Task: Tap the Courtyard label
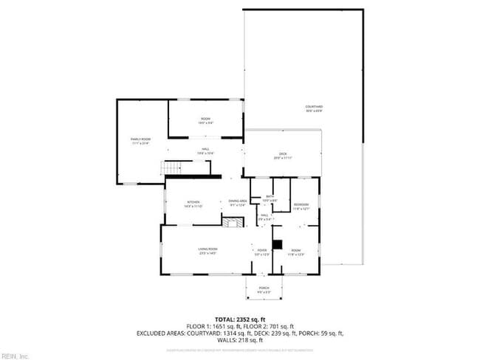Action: tap(314, 108)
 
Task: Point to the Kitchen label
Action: tap(193, 203)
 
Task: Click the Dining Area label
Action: tap(237, 201)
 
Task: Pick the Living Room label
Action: tap(207, 252)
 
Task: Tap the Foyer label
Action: tap(262, 252)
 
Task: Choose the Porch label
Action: tap(264, 288)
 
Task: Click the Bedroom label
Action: tap(301, 205)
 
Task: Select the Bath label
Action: tap(270, 197)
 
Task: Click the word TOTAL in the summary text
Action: tap(227, 319)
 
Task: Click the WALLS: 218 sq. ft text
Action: tap(239, 340)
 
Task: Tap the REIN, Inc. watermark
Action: tap(15, 356)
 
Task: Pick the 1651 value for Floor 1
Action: tap(219, 326)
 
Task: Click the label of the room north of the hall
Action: tap(206, 120)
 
